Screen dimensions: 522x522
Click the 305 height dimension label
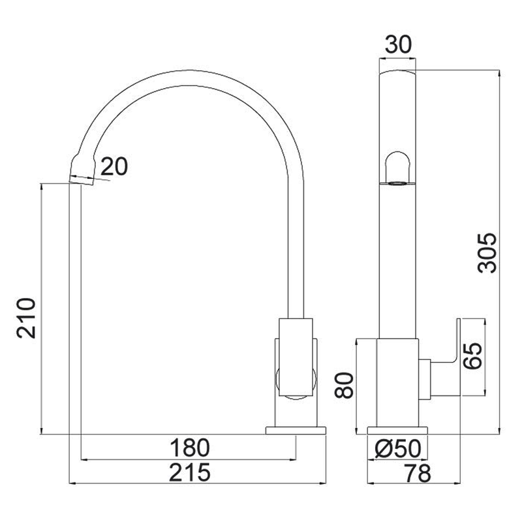tap(487, 253)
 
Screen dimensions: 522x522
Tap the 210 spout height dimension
tap(26, 318)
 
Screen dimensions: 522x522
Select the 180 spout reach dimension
tap(190, 448)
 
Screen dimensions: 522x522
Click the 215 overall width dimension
tap(190, 472)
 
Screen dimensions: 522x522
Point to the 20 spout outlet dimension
tap(114, 166)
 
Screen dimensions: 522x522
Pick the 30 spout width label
tap(398, 44)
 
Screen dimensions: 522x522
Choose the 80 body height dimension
tap(344, 385)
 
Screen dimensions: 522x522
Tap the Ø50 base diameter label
tap(398, 448)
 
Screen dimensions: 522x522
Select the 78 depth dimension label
tap(418, 472)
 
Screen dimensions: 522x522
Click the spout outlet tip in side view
tap(82, 172)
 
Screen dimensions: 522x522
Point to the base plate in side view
tap(296, 431)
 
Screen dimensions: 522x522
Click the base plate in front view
tap(397, 431)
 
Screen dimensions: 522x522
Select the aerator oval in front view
tap(397, 183)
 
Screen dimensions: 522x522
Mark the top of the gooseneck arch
tap(190, 70)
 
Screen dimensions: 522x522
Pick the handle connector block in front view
tap(425, 379)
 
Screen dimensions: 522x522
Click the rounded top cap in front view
tap(398, 72)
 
